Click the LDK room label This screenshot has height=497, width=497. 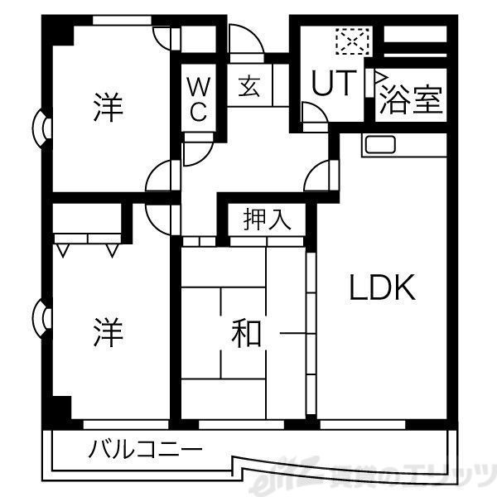(380, 287)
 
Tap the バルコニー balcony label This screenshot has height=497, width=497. (145, 451)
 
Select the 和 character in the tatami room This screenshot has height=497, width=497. (246, 334)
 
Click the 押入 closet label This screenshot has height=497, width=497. (267, 220)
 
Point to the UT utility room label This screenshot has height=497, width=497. (334, 83)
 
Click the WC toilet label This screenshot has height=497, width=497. (198, 98)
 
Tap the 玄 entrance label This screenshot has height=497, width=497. (249, 86)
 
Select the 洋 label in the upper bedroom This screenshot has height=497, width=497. (108, 108)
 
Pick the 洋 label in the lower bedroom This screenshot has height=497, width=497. (108, 333)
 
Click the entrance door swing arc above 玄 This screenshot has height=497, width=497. (242, 41)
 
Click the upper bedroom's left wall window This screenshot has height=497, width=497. (41, 128)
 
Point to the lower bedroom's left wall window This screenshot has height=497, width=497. (41, 316)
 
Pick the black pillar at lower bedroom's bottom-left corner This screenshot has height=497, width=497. (60, 408)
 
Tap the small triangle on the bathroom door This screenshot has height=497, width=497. (381, 81)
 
